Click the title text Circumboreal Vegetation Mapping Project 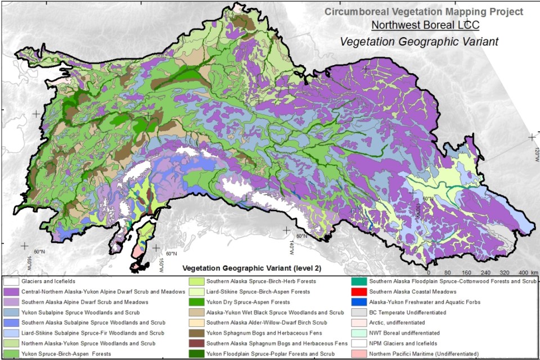pyautogui.click(x=424, y=11)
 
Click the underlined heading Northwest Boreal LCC pyautogui.click(x=425, y=25)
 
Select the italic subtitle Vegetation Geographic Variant pyautogui.click(x=419, y=42)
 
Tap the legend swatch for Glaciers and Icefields pyautogui.click(x=11, y=281)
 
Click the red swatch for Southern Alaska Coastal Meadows pyautogui.click(x=359, y=291)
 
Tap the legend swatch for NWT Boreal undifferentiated pyautogui.click(x=359, y=332)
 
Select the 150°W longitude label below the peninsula pyautogui.click(x=163, y=262)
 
